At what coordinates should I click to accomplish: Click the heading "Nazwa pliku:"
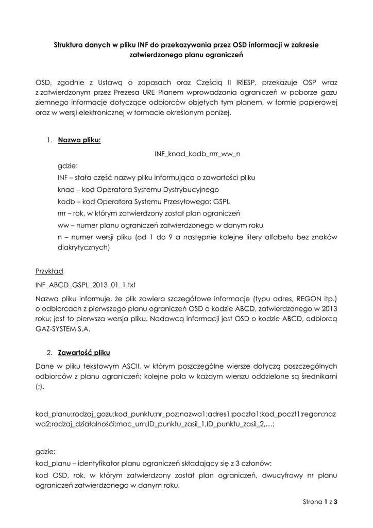79,140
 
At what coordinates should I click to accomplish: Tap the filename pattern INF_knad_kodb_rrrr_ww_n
198,154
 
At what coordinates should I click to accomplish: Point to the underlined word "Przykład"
49,271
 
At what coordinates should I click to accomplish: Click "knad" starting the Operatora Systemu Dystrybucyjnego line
65,189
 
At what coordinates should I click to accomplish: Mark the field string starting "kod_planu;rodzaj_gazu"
186,419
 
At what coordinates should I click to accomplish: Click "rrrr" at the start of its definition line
62,213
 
